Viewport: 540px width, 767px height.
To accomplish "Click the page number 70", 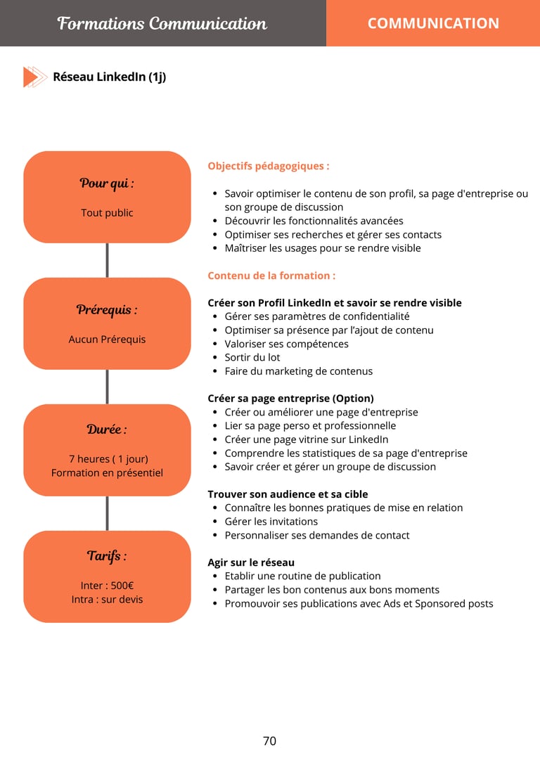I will (269, 741).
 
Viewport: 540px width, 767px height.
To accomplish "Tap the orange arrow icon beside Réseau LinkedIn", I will (34, 77).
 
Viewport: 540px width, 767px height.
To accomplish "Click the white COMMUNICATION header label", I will (433, 23).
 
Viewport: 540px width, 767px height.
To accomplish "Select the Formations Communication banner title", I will (162, 23).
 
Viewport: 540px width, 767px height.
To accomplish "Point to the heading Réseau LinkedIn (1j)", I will (109, 77).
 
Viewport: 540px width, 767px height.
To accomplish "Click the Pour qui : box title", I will (107, 183).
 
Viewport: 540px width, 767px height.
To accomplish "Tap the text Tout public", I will (107, 213).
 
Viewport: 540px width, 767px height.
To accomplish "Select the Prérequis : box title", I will (107, 310).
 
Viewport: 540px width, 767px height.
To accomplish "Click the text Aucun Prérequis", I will (107, 340).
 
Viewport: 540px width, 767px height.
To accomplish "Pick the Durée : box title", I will (107, 430).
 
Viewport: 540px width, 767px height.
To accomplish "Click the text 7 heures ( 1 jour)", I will (108, 459).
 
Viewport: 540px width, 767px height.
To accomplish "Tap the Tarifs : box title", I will (107, 556).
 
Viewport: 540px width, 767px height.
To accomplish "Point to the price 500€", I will (122, 586).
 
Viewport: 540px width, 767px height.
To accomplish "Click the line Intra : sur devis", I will (107, 600).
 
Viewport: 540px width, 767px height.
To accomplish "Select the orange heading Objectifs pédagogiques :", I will (269, 167).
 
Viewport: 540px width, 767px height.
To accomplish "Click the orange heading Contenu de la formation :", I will (271, 276).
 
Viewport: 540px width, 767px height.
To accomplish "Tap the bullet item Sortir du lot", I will (252, 357).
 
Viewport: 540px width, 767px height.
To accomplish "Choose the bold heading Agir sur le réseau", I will (251, 562).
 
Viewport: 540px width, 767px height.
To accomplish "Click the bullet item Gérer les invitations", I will (271, 522).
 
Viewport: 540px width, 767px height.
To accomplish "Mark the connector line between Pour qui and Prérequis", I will (107, 260).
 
